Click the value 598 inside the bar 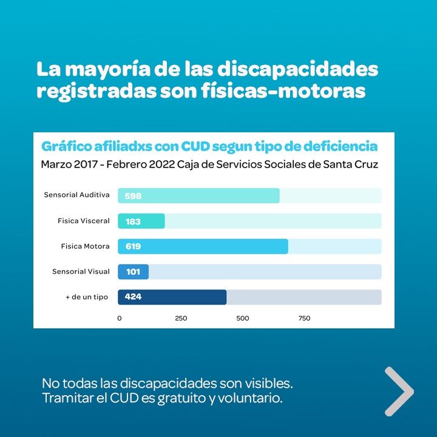[x=133, y=196]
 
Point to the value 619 [x=133, y=246]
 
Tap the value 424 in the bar [x=133, y=297]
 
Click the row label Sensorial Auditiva [x=76, y=195]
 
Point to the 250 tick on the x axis [x=181, y=318]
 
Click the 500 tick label [x=243, y=318]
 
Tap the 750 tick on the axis [x=305, y=318]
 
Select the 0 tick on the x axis [x=119, y=318]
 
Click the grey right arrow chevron [x=399, y=391]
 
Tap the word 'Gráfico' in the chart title [x=67, y=146]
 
